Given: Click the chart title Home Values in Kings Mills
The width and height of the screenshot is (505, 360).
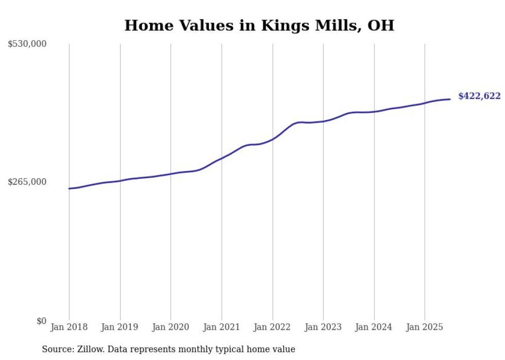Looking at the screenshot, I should (259, 25).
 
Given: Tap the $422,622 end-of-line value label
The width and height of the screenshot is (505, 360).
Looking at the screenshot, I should (479, 96).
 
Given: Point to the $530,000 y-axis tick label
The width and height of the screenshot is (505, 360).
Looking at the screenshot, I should (27, 44).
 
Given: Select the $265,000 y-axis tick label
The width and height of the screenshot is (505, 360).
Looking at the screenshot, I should (27, 182).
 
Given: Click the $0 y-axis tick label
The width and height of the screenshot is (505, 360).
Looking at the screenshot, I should (41, 321).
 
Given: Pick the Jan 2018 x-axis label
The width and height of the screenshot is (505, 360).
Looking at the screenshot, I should (69, 327).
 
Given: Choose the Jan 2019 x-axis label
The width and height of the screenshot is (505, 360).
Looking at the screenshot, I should (120, 327).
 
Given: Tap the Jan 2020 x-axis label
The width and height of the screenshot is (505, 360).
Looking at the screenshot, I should (171, 327).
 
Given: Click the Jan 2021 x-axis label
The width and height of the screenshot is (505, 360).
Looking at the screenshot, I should (222, 327).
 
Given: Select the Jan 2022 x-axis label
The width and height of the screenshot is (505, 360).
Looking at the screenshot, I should (273, 327).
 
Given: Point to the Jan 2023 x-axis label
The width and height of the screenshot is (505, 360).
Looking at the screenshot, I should (323, 327).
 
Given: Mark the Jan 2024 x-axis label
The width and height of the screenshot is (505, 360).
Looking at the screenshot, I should (374, 327).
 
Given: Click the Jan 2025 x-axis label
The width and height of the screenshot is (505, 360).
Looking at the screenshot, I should (425, 327).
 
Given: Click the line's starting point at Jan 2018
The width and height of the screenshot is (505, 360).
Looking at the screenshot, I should (69, 188).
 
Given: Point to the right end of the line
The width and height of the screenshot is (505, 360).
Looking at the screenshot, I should (450, 99).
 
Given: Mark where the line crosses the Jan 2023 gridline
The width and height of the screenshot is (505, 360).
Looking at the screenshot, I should (323, 122).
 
